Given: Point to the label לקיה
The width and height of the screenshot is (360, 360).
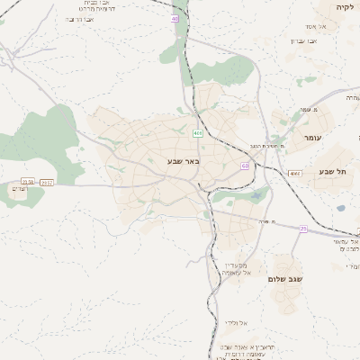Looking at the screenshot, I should [x=346, y=6].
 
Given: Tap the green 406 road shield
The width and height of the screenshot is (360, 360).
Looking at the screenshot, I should [x=197, y=133].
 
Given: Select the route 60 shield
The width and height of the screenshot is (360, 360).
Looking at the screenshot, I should [x=245, y=166].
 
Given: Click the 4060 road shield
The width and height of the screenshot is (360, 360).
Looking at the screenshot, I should [x=294, y=172].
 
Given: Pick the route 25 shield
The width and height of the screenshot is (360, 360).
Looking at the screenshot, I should [x=303, y=229].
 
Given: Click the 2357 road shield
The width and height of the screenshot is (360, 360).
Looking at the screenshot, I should [x=47, y=182].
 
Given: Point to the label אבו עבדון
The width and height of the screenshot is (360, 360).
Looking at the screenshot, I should [x=302, y=40].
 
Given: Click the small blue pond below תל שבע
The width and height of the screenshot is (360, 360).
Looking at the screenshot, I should [x=341, y=208].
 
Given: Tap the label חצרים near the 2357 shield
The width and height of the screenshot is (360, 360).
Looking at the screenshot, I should [x=20, y=189].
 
